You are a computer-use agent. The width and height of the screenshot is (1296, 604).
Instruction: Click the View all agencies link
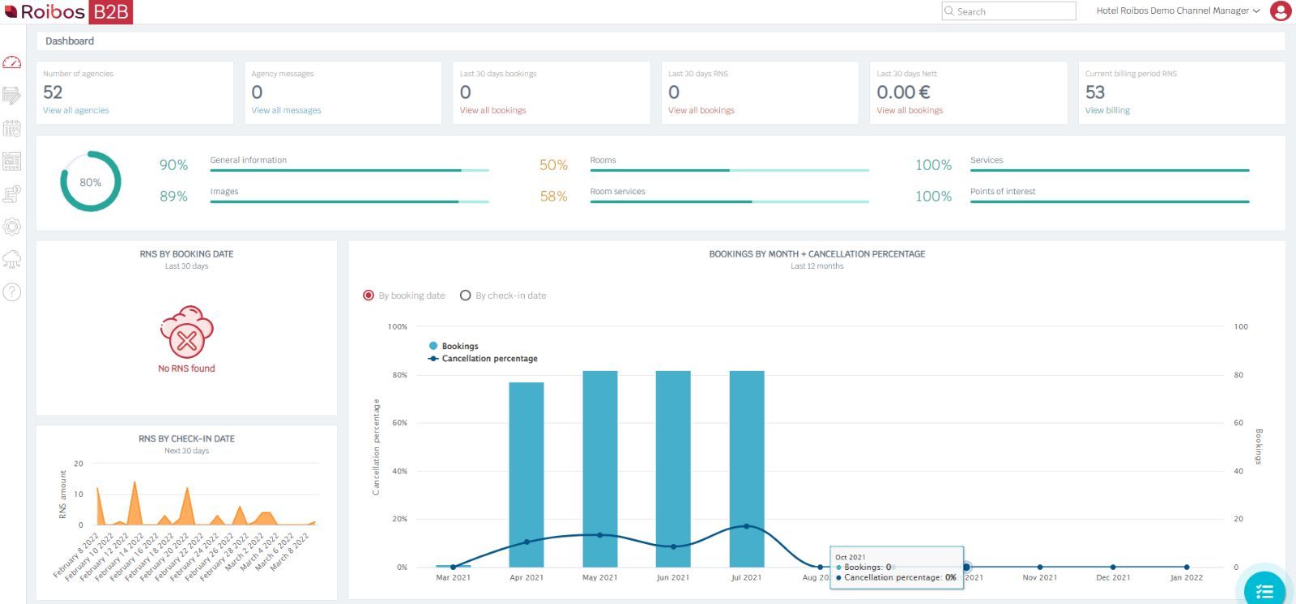pos(75,110)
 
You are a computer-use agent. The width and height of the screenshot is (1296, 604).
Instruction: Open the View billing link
pos(1107,110)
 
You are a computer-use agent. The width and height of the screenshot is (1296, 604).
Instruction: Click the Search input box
pos(1013,11)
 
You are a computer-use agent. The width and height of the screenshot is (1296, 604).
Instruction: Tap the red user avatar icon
pos(1281,11)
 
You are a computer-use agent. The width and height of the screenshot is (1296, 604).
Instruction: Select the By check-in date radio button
pos(466,296)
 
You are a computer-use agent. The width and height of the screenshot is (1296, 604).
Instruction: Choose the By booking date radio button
pos(369,296)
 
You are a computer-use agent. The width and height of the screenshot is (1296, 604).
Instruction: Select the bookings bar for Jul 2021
pos(746,469)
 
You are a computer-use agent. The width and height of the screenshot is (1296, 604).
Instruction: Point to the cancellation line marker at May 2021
pos(599,535)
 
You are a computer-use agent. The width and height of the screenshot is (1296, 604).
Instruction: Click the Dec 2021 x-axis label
pos(1113,577)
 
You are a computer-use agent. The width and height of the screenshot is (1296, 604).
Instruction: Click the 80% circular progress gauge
pos(91,182)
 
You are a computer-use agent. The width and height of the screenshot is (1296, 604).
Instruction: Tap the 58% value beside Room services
pos(553,197)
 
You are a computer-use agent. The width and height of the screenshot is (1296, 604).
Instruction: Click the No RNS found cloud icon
pos(186,332)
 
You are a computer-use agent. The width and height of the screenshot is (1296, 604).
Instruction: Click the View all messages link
pos(286,110)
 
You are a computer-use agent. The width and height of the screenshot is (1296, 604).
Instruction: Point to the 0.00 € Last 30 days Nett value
pos(903,92)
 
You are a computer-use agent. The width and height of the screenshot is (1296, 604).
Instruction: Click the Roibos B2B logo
pos(68,11)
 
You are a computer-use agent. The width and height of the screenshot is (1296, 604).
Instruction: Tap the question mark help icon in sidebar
pos(12,292)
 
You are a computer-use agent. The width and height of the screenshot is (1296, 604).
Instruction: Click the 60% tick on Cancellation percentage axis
pos(399,423)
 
